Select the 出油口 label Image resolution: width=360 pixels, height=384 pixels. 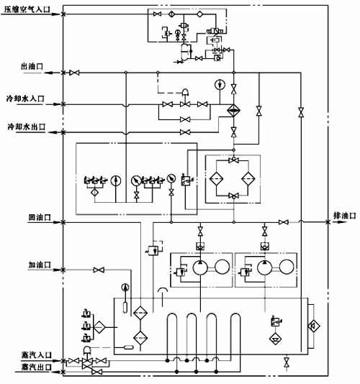click(33, 66)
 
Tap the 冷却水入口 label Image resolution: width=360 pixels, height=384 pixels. click(28, 99)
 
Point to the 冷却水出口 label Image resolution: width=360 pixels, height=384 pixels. click(28, 127)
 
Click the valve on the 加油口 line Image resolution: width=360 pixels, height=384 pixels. click(96, 270)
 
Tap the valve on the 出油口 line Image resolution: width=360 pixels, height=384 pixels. click(73, 73)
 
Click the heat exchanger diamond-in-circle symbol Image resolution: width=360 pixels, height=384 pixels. click(233, 111)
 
